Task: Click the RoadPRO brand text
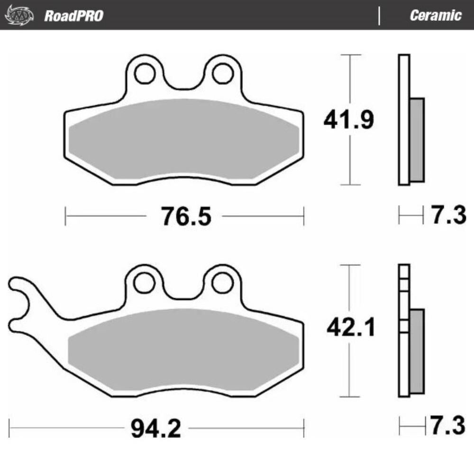coord(73,16)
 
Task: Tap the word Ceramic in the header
coord(435,16)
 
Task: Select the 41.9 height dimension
coord(348,120)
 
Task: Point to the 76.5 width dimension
coord(185,217)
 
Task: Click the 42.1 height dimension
coord(350,328)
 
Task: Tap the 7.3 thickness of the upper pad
coord(447,216)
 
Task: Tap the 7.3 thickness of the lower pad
coord(447,426)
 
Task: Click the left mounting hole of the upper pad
coord(144,73)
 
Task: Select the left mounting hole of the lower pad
coord(144,283)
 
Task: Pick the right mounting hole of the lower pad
coord(221,283)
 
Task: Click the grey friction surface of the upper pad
coord(184,140)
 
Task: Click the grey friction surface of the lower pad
coord(184,351)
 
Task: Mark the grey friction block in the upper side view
coord(417,140)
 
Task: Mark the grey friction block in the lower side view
coord(417,351)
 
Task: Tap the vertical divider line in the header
coord(379,16)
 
